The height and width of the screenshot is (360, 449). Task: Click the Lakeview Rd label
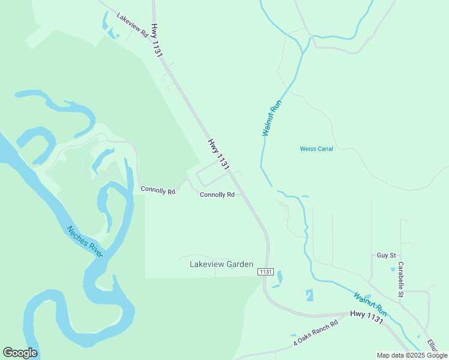pyautogui.click(x=133, y=26)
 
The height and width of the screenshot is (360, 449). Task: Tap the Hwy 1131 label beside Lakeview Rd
pyautogui.click(x=157, y=41)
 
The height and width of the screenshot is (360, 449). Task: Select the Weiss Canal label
pyautogui.click(x=316, y=149)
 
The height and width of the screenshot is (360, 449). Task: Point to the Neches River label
pyautogui.click(x=85, y=241)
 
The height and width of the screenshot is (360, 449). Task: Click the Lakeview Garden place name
pyautogui.click(x=221, y=264)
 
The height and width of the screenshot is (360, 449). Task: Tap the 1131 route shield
pyautogui.click(x=266, y=272)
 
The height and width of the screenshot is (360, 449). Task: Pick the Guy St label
pyautogui.click(x=386, y=255)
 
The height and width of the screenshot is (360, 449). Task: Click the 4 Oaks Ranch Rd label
pyautogui.click(x=316, y=332)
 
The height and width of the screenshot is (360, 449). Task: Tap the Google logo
pyautogui.click(x=20, y=353)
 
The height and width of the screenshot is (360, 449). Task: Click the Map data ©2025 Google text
pyautogui.click(x=412, y=355)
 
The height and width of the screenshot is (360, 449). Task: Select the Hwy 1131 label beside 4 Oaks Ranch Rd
pyautogui.click(x=367, y=317)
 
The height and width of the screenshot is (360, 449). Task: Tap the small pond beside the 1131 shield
pyautogui.click(x=279, y=277)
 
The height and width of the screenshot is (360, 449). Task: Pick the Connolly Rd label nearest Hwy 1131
pyautogui.click(x=217, y=194)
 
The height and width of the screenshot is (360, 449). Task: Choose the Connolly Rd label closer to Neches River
pyautogui.click(x=158, y=190)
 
